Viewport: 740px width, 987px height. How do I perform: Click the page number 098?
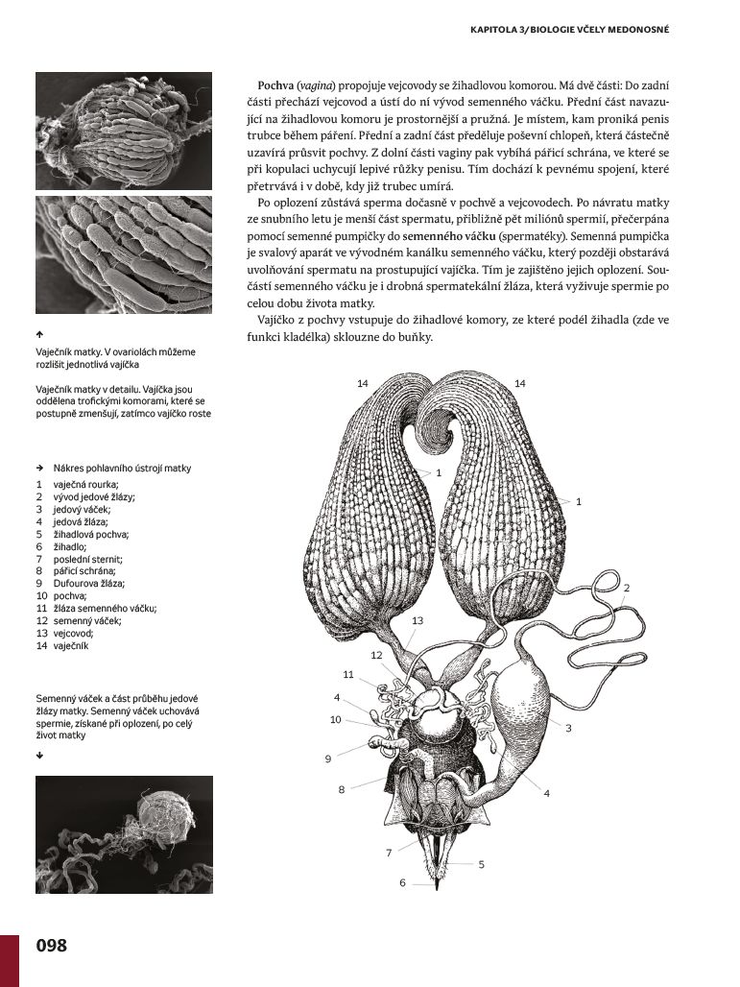pyautogui.click(x=52, y=946)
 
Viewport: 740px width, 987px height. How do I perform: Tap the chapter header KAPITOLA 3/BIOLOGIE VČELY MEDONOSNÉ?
pyautogui.click(x=568, y=30)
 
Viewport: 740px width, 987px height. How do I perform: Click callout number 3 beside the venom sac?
pyautogui.click(x=568, y=729)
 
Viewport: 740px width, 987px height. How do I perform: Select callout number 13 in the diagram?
pyautogui.click(x=418, y=621)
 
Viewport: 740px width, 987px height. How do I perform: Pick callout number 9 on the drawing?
pyautogui.click(x=327, y=759)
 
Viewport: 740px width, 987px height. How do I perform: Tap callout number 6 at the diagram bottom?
pyautogui.click(x=403, y=882)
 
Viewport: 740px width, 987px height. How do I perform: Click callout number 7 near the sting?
pyautogui.click(x=389, y=853)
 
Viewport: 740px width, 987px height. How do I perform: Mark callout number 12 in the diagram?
pyautogui.click(x=376, y=655)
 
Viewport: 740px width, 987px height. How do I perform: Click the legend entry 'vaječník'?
pyautogui.click(x=71, y=645)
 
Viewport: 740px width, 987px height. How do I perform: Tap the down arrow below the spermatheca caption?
pyautogui.click(x=39, y=756)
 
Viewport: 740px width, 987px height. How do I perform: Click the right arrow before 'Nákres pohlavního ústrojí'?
pyautogui.click(x=39, y=469)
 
